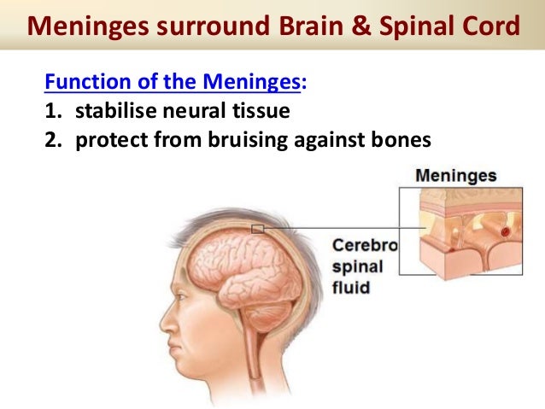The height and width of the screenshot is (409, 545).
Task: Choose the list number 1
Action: pos(51,110)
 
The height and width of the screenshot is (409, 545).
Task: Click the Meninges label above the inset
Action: pos(456,177)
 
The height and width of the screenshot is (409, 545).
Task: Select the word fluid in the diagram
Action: pos(351,288)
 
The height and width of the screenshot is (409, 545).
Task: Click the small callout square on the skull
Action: pos(257,229)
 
